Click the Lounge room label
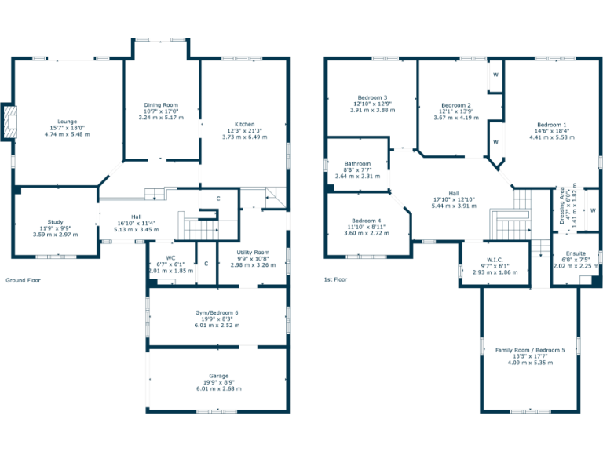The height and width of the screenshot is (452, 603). coord(67,122)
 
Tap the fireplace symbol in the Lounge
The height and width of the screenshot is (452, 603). coord(9,122)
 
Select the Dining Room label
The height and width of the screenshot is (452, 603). coord(161,104)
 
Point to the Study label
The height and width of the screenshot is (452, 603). coord(55,222)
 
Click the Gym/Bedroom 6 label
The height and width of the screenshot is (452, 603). coord(217,312)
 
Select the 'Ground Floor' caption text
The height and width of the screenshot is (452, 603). coord(23,280)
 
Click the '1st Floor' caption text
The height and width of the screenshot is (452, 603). coord(335,279)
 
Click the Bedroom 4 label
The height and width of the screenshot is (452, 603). coord(368,221)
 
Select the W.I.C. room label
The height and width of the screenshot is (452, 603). coord(494,259)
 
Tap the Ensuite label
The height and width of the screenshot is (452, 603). coord(576,253)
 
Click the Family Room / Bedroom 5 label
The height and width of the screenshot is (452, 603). coord(529,350)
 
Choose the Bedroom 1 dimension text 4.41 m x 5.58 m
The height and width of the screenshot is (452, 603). coord(551,137)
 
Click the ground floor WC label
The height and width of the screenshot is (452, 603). coord(170,257)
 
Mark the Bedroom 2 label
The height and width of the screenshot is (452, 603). coord(456,105)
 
